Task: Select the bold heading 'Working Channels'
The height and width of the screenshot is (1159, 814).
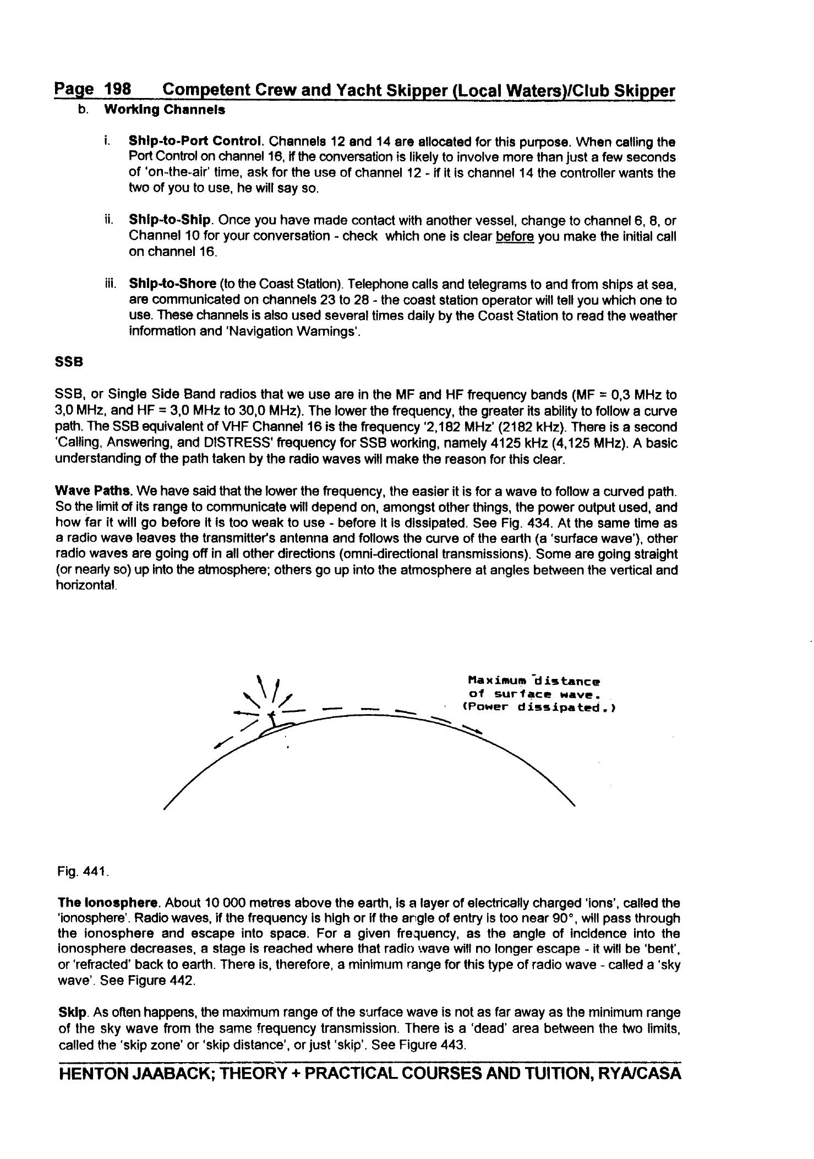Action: pos(165,110)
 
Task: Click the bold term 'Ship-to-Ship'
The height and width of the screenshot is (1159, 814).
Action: pos(170,220)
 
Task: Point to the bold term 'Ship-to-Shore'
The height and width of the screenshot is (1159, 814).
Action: pos(172,284)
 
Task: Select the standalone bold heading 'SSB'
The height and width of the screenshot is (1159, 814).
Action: pos(69,362)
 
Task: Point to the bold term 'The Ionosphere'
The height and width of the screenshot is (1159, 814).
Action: pos(108,903)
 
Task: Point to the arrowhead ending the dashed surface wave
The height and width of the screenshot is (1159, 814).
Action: pos(477,732)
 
